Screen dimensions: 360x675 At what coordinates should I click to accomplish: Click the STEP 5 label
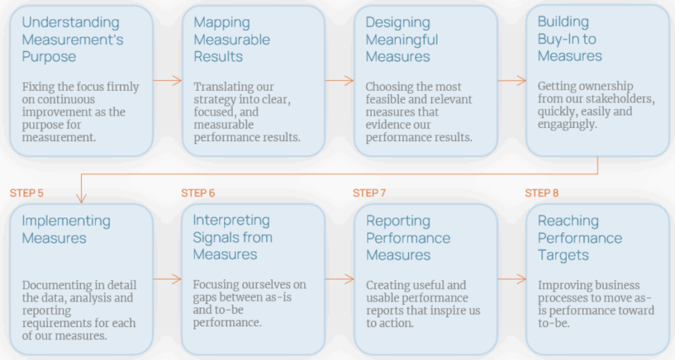26,193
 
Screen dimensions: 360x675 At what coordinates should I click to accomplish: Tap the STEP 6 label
198,193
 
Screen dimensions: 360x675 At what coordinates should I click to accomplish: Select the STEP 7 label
370,193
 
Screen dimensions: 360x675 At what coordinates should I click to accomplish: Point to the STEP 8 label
542,193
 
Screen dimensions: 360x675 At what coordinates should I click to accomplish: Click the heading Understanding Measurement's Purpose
73,40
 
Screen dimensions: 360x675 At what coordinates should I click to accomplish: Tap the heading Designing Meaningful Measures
401,40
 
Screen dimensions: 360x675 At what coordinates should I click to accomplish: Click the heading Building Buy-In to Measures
570,40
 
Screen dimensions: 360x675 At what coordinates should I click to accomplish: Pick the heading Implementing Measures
66,229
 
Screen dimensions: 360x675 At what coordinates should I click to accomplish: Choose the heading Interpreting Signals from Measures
232,237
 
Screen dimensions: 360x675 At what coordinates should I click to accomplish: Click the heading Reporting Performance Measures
408,237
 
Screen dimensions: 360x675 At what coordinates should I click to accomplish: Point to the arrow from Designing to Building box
512,80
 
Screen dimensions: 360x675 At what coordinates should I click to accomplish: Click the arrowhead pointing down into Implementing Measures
80,197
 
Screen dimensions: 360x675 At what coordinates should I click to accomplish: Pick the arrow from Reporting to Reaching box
512,279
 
